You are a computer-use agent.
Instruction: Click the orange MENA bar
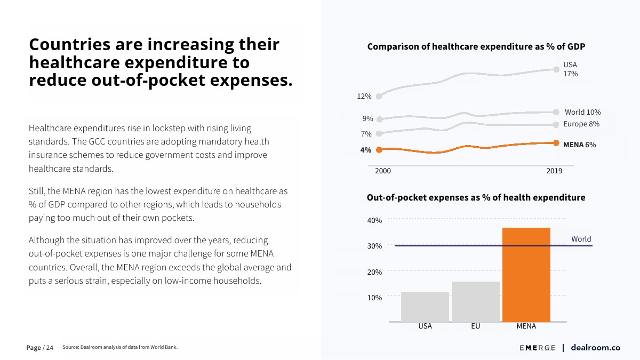point(526,274)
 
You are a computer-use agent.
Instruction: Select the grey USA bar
point(425,307)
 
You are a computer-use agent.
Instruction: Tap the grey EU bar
point(476,301)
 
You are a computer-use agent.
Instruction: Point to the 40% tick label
point(374,220)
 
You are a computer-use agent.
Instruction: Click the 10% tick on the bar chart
point(374,298)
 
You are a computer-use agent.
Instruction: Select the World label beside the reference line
point(581,239)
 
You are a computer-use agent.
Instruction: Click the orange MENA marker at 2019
point(556,143)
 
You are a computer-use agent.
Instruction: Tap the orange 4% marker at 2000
point(379,150)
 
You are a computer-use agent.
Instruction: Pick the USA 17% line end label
point(570,69)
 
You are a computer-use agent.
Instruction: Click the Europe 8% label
point(581,124)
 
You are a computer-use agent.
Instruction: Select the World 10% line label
point(582,112)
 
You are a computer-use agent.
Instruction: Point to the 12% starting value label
point(364,97)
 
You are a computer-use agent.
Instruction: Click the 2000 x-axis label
point(383,171)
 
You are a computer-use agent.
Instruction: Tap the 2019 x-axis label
point(554,171)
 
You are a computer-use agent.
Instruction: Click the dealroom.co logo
point(595,348)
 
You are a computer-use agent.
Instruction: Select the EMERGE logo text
point(537,348)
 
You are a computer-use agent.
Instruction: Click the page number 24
point(49,348)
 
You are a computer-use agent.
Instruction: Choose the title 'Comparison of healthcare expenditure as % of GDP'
point(476,47)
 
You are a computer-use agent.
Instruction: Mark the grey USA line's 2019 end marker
point(556,69)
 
